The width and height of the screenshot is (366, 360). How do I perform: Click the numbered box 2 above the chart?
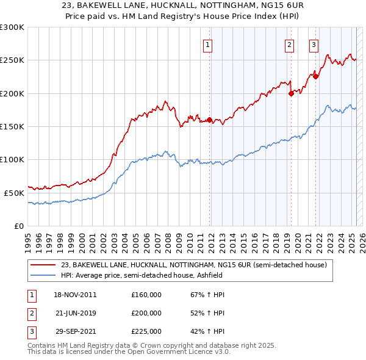289,44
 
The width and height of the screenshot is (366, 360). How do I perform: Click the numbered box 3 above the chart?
314,44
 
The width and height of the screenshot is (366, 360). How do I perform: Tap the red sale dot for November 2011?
210,120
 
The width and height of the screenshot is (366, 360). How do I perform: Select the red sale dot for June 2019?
290,93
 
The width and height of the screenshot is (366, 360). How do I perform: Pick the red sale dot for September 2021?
315,77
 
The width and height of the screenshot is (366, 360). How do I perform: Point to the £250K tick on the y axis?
12,60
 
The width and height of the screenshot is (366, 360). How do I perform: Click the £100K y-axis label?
12,159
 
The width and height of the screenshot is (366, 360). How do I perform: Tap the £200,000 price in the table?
146,313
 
